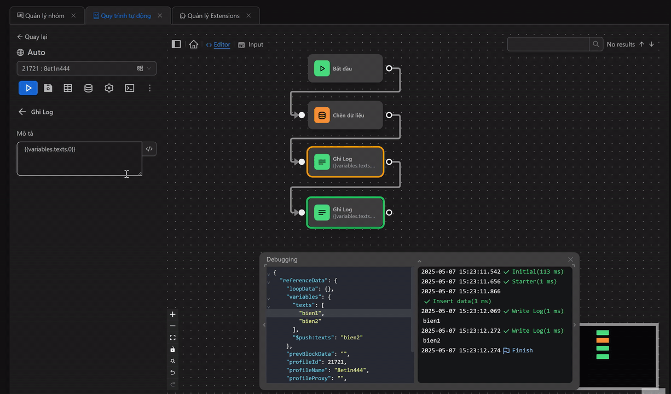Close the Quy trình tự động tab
pyautogui.click(x=160, y=16)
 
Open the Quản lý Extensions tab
pyautogui.click(x=213, y=16)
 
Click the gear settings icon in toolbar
pyautogui.click(x=109, y=88)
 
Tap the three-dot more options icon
pyautogui.click(x=150, y=88)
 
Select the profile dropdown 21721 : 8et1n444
pyautogui.click(x=86, y=68)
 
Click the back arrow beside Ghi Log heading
pyautogui.click(x=22, y=112)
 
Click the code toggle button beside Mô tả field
pyautogui.click(x=149, y=149)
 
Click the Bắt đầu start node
pyautogui.click(x=345, y=68)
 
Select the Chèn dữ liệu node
pyautogui.click(x=345, y=115)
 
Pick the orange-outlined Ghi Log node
pyautogui.click(x=345, y=162)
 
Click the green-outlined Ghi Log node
pyautogui.click(x=345, y=212)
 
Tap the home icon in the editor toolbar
pyautogui.click(x=193, y=44)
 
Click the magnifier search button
pyautogui.click(x=596, y=44)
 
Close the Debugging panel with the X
pyautogui.click(x=570, y=259)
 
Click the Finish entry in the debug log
pyautogui.click(x=522, y=350)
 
